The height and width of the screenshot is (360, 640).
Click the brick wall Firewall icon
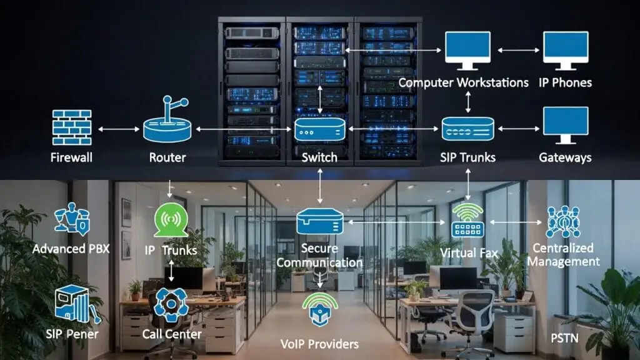72,128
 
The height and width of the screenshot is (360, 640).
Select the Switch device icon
319,130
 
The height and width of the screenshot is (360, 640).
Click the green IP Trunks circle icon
170,219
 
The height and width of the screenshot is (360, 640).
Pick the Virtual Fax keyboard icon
468,221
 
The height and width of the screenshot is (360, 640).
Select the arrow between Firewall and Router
119,129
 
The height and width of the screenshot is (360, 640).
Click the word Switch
319,157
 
